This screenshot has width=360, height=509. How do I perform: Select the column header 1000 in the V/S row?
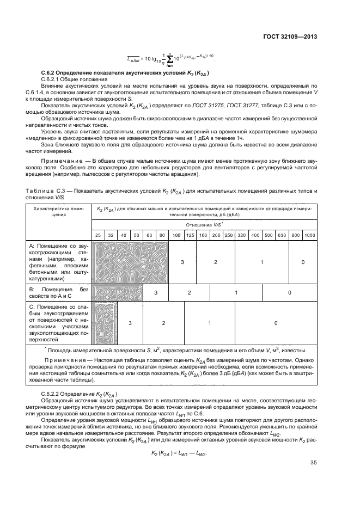click(310, 235)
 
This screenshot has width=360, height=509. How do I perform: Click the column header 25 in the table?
click(97, 235)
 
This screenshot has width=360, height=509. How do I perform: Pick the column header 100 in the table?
click(176, 235)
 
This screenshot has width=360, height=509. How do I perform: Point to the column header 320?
click(241, 235)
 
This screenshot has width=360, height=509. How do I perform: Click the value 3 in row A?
click(182, 262)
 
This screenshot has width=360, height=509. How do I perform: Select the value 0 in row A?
click(303, 262)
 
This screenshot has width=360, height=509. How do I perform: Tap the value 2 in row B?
click(190, 293)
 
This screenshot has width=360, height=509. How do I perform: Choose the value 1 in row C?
click(210, 323)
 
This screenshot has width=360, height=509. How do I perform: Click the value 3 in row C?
click(130, 323)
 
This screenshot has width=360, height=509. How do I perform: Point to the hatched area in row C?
click(104, 323)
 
